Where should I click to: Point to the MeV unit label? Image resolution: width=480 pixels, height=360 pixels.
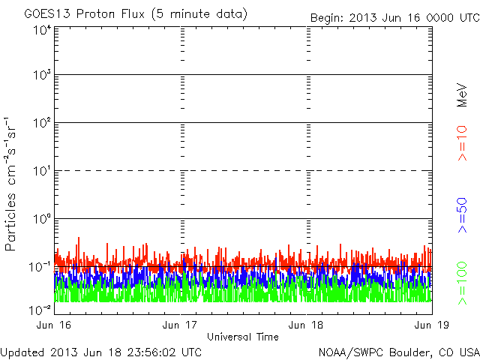point(463,93)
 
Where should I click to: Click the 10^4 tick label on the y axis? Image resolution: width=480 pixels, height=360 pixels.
point(41,30)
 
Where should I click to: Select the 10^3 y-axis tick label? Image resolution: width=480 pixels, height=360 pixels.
point(41,75)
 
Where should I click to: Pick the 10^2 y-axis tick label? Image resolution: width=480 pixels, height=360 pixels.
point(41,122)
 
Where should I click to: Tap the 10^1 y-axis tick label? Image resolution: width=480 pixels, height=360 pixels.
point(41,170)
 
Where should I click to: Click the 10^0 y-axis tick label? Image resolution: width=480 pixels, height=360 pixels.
point(41,218)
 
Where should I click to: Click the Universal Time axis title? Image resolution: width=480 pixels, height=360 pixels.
point(243,337)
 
